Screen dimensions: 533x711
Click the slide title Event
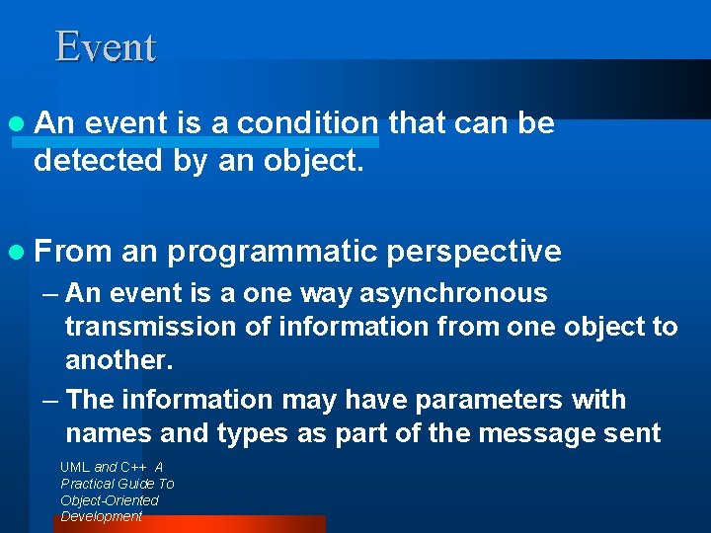click(x=106, y=47)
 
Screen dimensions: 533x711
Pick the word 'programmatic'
click(x=272, y=253)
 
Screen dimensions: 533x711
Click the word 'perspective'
click(x=474, y=253)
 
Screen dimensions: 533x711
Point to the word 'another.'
click(x=119, y=361)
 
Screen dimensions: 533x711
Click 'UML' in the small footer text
click(x=75, y=467)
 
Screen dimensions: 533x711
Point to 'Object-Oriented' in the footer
click(x=109, y=500)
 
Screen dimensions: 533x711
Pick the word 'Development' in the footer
click(x=102, y=516)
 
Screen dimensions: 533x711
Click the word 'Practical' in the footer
click(x=90, y=484)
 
